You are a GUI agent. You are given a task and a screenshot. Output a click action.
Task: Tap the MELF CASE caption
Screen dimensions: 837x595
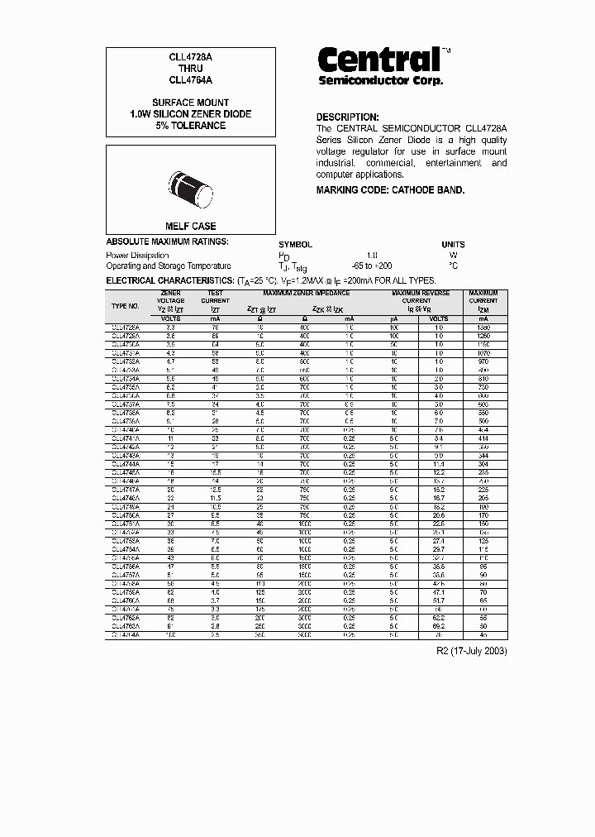click(190, 226)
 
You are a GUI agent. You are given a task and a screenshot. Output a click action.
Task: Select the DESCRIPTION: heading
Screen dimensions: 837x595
click(347, 117)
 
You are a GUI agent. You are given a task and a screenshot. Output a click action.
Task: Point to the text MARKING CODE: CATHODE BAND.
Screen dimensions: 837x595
click(390, 190)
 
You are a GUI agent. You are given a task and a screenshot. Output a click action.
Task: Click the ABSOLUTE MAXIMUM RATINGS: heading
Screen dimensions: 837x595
click(167, 242)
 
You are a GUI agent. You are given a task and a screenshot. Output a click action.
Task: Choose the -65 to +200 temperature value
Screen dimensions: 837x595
click(371, 266)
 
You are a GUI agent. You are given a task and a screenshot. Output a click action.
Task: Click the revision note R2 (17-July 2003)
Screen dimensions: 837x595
click(471, 651)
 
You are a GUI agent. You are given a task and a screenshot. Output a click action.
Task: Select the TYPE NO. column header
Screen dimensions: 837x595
click(126, 306)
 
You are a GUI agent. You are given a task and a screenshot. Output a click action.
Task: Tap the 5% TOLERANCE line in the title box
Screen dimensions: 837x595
click(190, 126)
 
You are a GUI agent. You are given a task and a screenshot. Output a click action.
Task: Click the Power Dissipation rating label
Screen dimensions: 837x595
click(137, 256)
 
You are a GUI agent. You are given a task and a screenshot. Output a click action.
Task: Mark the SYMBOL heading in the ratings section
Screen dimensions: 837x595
click(295, 245)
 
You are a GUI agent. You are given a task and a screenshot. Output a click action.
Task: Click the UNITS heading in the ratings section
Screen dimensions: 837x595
click(453, 245)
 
